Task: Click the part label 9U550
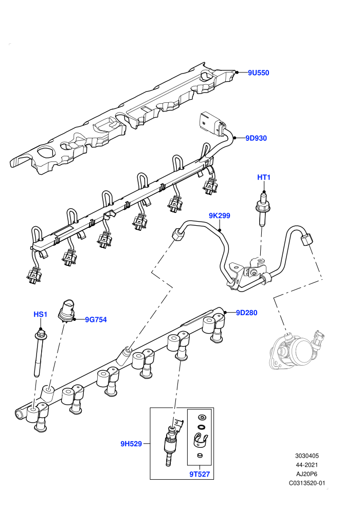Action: point(258,72)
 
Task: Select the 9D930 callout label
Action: point(256,138)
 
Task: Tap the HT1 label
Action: point(264,177)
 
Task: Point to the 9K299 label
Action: point(220,215)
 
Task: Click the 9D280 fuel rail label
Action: point(247,313)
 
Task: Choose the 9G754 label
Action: point(96,320)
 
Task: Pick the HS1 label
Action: point(41,314)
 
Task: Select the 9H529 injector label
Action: point(131,444)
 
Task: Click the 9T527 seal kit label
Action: point(200,474)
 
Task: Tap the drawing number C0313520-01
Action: point(307,483)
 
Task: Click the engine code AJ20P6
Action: point(307,474)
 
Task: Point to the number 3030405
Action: point(307,456)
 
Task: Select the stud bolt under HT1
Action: point(262,209)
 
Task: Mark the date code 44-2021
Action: point(307,465)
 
